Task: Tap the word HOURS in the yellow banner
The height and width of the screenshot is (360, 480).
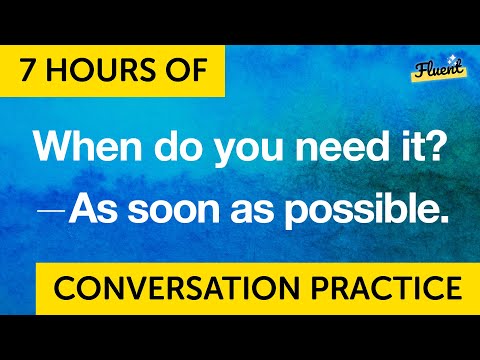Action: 105,72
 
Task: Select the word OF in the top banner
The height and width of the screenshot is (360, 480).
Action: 180,72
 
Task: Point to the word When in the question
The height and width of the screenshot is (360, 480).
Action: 83,149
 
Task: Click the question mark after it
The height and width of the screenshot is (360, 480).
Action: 433,149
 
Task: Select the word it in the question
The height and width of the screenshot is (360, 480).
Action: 407,149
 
